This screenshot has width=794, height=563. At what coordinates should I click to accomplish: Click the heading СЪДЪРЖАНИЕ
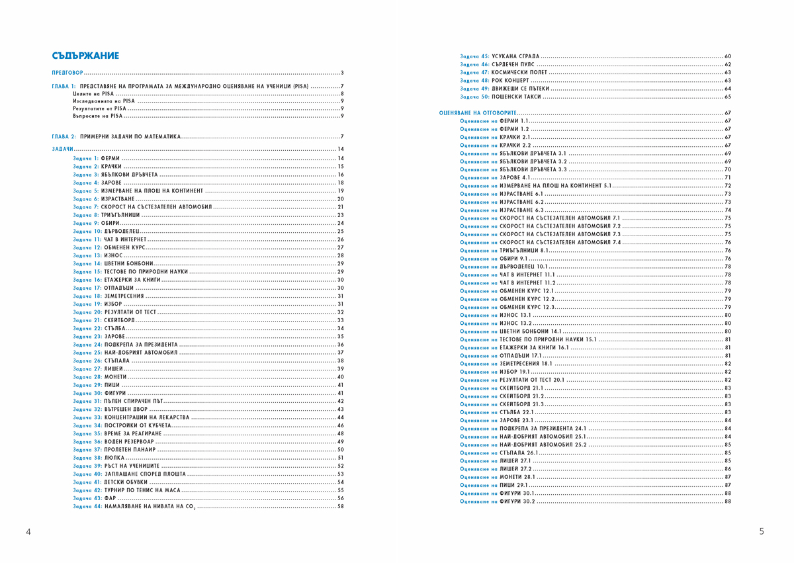pyautogui.click(x=85, y=56)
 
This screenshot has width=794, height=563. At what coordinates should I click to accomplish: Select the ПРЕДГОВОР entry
pyautogui.click(x=68, y=72)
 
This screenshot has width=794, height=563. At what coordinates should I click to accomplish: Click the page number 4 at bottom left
pyautogui.click(x=28, y=531)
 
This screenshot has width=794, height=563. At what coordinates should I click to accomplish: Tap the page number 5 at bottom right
pyautogui.click(x=762, y=531)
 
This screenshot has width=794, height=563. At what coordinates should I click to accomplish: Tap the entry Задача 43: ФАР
pyautogui.click(x=95, y=498)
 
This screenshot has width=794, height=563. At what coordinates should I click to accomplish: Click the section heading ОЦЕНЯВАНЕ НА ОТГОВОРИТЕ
pyautogui.click(x=478, y=113)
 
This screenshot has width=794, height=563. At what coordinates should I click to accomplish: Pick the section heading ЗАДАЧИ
pyautogui.click(x=63, y=149)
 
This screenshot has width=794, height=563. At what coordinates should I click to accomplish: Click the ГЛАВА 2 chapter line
pyautogui.click(x=116, y=136)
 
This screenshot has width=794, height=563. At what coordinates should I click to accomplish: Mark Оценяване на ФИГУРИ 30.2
pyautogui.click(x=497, y=501)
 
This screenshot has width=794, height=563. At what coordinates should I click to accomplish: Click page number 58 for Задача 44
pyautogui.click(x=341, y=507)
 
